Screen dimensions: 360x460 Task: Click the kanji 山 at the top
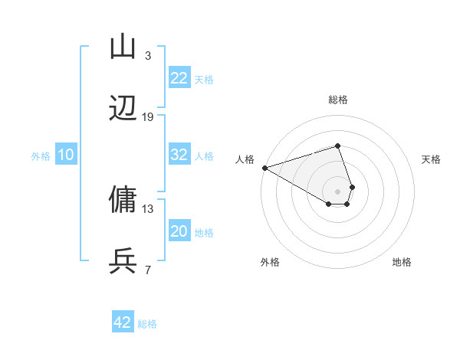(x=123, y=47)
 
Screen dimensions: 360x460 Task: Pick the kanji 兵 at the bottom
(x=123, y=261)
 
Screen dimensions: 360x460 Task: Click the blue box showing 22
(x=179, y=78)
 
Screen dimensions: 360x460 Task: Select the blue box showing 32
(x=179, y=155)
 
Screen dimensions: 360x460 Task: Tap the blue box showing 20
(x=179, y=231)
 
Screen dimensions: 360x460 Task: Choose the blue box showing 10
(x=66, y=155)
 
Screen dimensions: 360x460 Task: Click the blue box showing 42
(x=123, y=322)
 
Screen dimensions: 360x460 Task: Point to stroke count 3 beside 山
(x=148, y=55)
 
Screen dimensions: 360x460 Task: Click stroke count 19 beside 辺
(x=148, y=116)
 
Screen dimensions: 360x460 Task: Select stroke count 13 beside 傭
(x=148, y=208)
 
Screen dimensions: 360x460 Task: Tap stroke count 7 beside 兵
(x=148, y=270)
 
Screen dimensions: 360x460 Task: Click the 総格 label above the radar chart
(x=337, y=100)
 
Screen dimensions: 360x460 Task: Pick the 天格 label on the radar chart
(x=432, y=159)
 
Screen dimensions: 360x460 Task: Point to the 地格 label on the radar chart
(x=402, y=262)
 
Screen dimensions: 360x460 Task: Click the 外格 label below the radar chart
(x=270, y=262)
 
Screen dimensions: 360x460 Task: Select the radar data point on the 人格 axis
(x=264, y=168)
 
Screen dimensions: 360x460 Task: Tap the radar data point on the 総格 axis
(x=337, y=146)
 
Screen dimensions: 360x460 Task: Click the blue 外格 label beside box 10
(x=41, y=155)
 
